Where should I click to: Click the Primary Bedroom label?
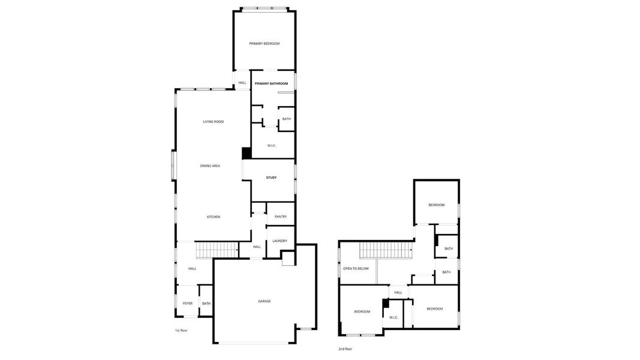265,44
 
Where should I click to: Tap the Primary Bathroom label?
271,83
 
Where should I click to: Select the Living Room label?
213,122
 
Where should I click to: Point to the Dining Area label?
210,166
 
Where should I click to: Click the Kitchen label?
214,217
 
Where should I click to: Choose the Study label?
271,178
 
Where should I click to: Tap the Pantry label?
280,217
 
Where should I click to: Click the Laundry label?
280,241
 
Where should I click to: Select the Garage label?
265,301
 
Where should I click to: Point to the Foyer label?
188,304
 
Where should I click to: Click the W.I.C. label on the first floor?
272,145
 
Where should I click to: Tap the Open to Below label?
356,269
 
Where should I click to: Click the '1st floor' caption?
181,331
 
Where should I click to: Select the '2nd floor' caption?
345,349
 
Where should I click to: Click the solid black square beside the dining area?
246,154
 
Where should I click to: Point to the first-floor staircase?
217,250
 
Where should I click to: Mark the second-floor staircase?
385,250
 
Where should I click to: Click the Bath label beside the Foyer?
206,304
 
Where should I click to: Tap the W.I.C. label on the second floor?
393,317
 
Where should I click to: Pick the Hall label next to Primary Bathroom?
242,83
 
